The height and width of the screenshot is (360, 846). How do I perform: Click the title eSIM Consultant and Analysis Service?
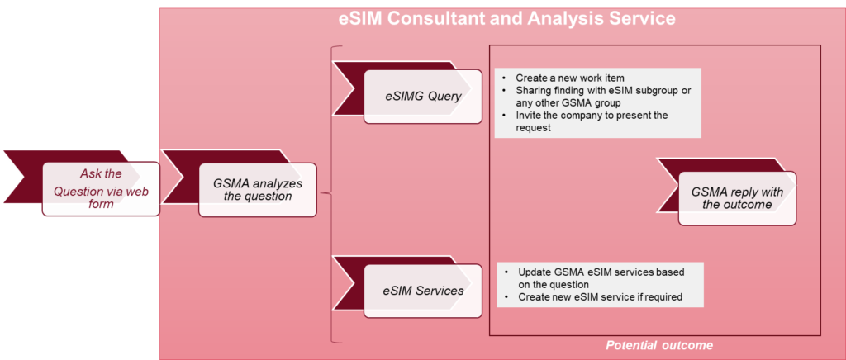pyautogui.click(x=506, y=17)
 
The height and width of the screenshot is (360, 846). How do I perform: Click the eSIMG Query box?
pyautogui.click(x=423, y=96)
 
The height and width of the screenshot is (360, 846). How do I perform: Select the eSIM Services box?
pyautogui.click(x=423, y=291)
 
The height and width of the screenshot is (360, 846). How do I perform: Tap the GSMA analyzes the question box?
pyautogui.click(x=258, y=189)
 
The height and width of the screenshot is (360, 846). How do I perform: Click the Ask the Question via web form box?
pyautogui.click(x=101, y=189)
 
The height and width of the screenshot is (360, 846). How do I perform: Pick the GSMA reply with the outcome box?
pyautogui.click(x=737, y=198)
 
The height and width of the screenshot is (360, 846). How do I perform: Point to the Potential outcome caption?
pyautogui.click(x=658, y=345)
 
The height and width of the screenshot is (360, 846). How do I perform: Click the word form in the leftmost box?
pyautogui.click(x=101, y=205)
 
